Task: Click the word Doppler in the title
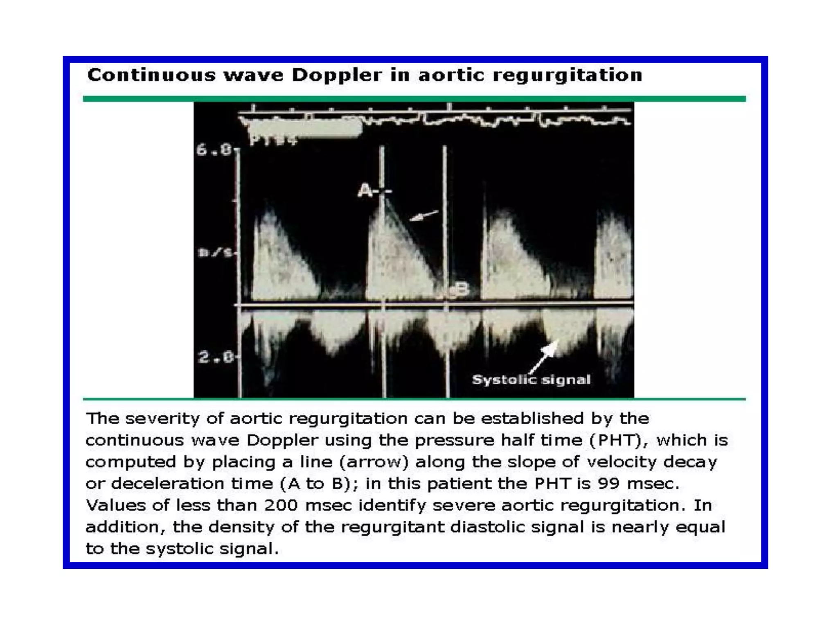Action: [x=336, y=75]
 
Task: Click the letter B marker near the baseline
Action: [x=462, y=289]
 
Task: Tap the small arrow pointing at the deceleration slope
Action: [x=424, y=215]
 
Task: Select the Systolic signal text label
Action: [x=531, y=380]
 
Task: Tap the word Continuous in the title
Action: [x=151, y=75]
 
